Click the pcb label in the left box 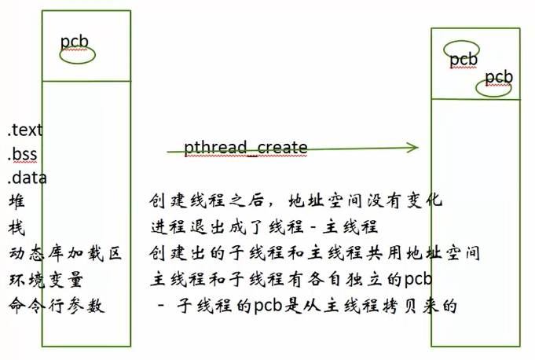click(75, 41)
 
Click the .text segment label click(25, 130)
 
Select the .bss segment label click(23, 154)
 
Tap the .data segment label click(27, 178)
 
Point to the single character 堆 click(16, 202)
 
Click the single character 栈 click(16, 228)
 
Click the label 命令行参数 click(56, 305)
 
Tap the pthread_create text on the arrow click(245, 148)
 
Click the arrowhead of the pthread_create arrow click(413, 147)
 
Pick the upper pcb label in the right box click(464, 59)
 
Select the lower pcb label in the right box click(499, 77)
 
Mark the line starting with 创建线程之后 click(296, 201)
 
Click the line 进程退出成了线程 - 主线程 click(265, 227)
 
